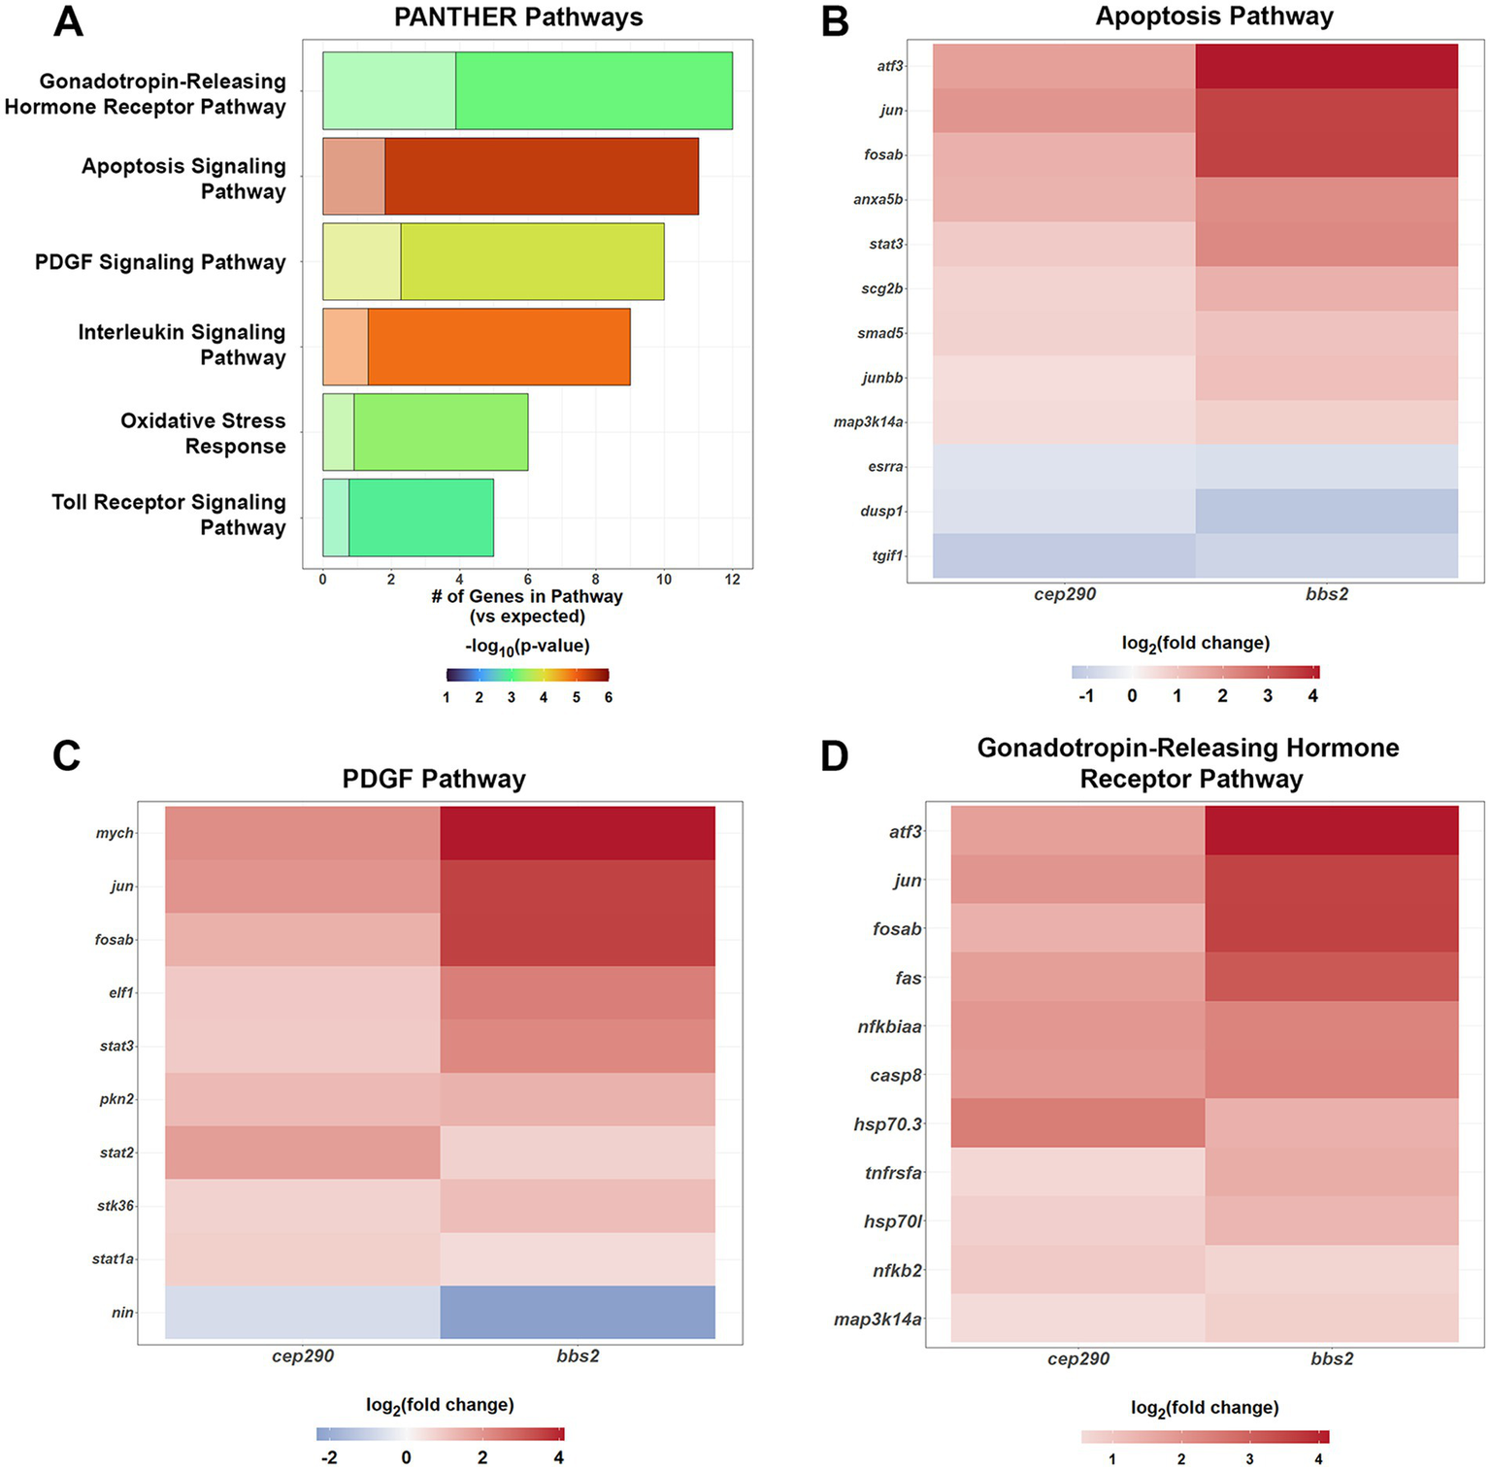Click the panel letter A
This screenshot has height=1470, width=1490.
(68, 21)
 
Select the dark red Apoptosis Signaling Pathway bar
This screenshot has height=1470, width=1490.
(541, 176)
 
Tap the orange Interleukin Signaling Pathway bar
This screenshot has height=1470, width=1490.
(498, 347)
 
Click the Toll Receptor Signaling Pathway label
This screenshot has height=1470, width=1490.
(169, 515)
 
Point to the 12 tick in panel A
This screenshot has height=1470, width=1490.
(732, 580)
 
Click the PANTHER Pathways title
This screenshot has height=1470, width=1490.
(518, 17)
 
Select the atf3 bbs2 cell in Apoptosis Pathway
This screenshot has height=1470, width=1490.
(1326, 66)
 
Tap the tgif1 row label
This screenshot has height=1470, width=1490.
(886, 556)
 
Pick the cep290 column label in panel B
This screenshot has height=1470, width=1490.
(1065, 594)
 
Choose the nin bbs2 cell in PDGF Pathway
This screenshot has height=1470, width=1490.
(578, 1313)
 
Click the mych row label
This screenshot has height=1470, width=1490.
(115, 833)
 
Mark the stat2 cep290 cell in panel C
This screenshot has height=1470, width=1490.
(303, 1153)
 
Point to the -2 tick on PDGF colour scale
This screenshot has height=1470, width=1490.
(329, 1457)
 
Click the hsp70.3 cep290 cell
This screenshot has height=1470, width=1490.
(1077, 1123)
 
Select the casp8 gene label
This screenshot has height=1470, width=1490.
(896, 1076)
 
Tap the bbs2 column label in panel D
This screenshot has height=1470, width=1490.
(1332, 1359)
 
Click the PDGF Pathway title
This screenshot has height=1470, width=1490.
(434, 779)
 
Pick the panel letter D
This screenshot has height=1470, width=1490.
(835, 756)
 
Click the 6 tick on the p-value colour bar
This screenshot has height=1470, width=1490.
(609, 697)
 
